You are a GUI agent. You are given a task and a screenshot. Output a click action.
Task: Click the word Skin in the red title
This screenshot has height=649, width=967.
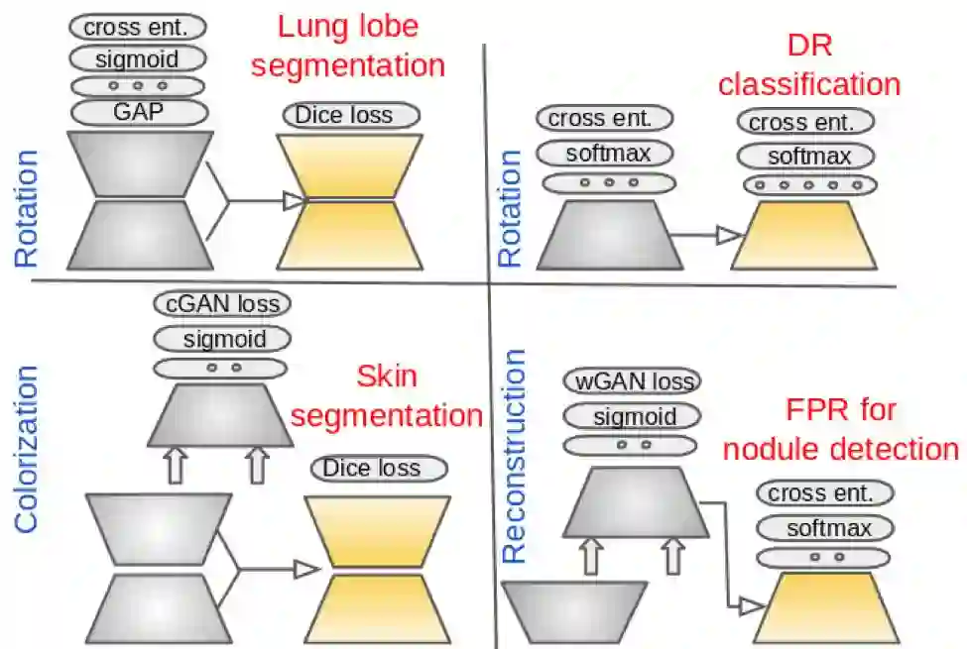[387, 378]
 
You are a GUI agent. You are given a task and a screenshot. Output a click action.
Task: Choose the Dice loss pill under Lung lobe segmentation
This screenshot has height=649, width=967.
[343, 115]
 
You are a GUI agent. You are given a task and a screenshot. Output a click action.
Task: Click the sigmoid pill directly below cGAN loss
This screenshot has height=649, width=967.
[223, 339]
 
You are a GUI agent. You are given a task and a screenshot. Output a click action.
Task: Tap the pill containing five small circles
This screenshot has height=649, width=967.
[810, 184]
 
